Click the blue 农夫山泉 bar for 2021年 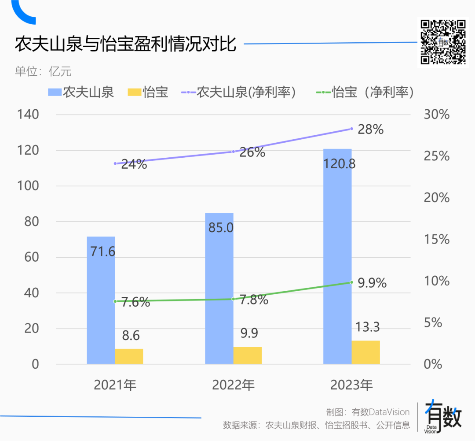pos(101,304)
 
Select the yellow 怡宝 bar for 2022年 pos(248,355)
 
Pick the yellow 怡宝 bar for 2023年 pos(365,352)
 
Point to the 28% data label pos(370,130)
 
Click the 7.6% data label pos(135,303)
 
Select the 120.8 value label pos(339,164)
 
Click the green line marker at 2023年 pos(351,282)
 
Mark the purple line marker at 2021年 pos(115,163)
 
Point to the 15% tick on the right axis pos(436,239)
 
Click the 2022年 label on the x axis pos(233,385)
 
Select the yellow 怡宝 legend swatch pos(134,92)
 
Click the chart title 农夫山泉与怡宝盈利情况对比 pos(126,44)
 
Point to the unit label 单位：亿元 pos(43,71)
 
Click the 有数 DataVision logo pos(444,417)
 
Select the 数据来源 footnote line pos(316,425)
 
